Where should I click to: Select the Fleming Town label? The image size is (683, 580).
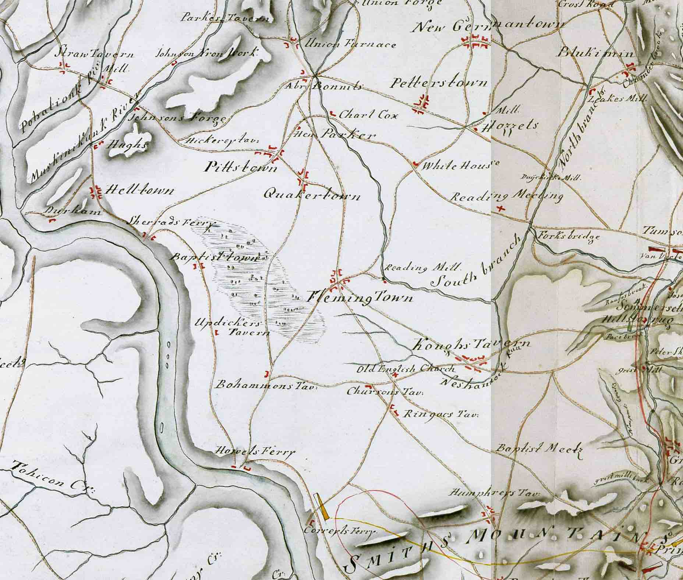point(360,297)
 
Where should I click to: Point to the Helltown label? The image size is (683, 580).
point(139,191)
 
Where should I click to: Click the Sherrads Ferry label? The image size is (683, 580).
point(170,223)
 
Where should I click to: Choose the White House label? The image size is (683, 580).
point(460,165)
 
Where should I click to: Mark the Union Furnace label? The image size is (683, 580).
point(350,45)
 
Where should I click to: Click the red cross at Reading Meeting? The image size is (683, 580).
point(500,209)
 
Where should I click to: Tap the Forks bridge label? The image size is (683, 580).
point(569,236)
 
